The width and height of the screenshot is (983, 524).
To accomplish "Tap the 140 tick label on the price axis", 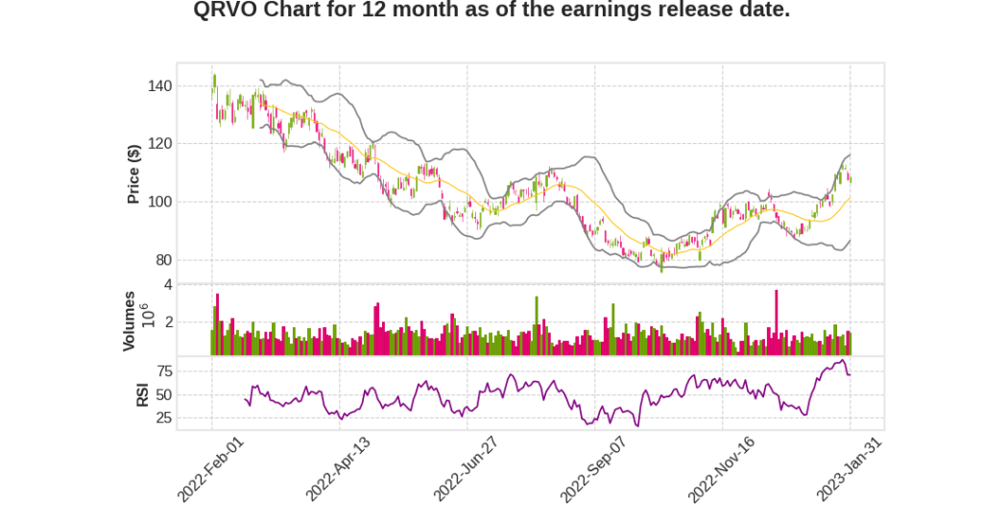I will (x=160, y=86).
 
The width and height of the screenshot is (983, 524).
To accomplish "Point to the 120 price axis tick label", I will (x=160, y=144).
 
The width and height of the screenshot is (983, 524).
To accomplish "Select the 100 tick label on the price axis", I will (x=160, y=202).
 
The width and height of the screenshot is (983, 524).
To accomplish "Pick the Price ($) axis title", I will (x=134, y=174).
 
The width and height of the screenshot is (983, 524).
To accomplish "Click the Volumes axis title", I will (x=129, y=321).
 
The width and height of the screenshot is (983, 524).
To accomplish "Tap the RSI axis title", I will (x=141, y=394).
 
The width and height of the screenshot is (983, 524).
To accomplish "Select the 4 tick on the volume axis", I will (x=168, y=285).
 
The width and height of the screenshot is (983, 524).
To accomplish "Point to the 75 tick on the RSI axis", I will (x=164, y=371).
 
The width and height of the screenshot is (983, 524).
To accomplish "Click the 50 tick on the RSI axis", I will (x=164, y=394).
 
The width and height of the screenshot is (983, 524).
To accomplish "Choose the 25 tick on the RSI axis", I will (x=164, y=417).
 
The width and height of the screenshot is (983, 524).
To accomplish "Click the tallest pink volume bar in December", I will (x=776, y=322).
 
